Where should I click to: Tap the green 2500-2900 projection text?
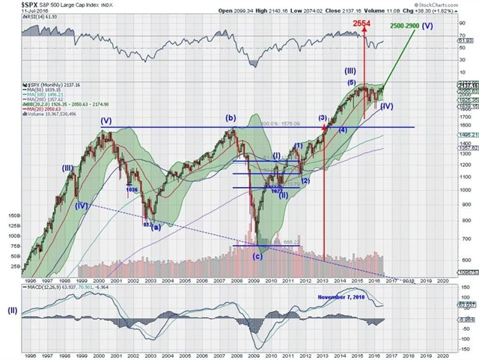(410, 26)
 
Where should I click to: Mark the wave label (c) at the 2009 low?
(257, 256)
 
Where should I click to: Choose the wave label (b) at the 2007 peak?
(231, 118)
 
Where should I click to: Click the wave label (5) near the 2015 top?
(350, 82)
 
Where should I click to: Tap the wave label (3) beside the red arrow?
(323, 118)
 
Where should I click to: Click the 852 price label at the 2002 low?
(148, 223)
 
